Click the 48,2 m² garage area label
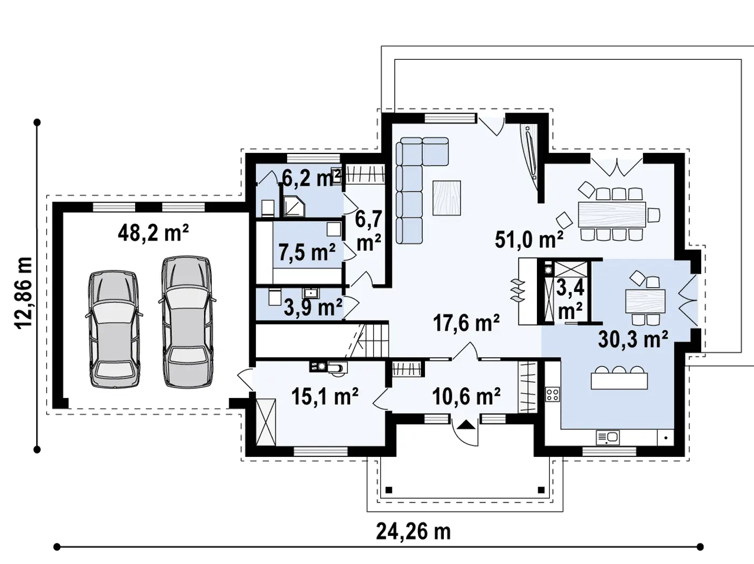[153, 233]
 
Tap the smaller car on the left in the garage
[114, 330]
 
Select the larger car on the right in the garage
[186, 322]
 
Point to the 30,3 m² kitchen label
[633, 339]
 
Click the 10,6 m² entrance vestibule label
[466, 396]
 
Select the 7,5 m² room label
[307, 252]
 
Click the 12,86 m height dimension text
[24, 294]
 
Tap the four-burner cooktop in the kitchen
[552, 394]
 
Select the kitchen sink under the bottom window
[608, 437]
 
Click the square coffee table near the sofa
[446, 197]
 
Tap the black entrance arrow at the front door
[466, 425]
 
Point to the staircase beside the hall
[371, 339]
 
